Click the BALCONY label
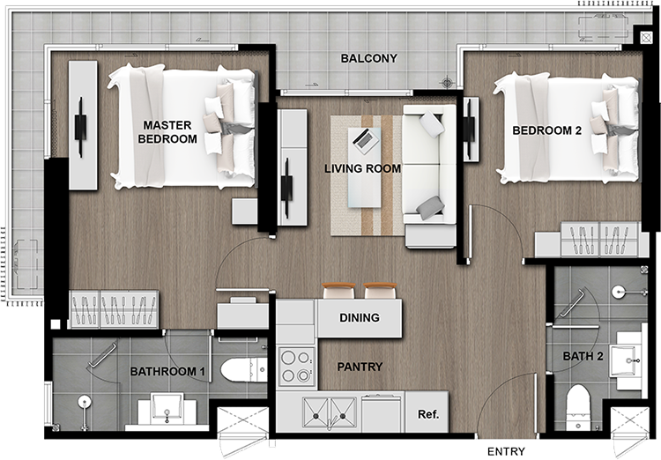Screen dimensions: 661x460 369,58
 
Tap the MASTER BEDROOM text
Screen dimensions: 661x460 167,132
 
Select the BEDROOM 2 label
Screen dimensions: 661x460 546,130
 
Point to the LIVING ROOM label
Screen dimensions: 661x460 362,168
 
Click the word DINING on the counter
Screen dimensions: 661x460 360,317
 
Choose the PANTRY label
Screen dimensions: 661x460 360,367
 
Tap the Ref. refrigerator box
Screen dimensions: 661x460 427,412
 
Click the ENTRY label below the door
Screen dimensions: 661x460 506,451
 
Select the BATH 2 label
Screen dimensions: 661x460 583,356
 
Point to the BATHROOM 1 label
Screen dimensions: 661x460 167,372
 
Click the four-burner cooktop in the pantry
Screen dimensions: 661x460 296,366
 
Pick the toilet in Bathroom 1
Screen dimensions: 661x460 243,370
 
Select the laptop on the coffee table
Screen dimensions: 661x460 366,140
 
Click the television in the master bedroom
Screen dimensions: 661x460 80,127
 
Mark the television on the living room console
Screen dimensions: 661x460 287,188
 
